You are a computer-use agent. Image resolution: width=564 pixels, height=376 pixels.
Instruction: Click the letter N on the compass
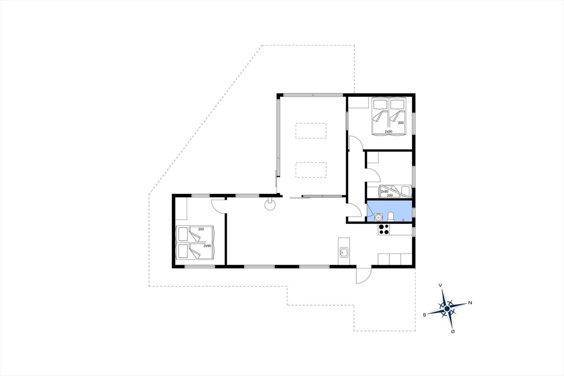click(470, 303)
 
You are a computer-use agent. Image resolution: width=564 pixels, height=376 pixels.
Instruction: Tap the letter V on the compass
click(440, 285)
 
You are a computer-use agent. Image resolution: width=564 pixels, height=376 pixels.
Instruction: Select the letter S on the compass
click(424, 315)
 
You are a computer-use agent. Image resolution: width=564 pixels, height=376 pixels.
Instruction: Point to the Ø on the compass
click(453, 332)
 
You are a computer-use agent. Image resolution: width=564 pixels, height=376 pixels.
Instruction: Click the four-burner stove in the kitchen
click(384, 229)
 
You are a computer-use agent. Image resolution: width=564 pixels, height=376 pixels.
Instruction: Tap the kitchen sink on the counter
click(344, 252)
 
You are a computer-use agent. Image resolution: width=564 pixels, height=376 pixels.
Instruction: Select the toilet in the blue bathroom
click(391, 217)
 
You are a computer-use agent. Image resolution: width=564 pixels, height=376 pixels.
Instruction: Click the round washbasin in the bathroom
click(378, 217)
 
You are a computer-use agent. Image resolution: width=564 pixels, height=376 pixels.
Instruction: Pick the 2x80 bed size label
click(385, 192)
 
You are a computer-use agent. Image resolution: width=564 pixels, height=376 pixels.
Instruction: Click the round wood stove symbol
click(270, 205)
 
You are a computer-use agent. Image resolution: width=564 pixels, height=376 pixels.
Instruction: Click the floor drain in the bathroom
click(403, 220)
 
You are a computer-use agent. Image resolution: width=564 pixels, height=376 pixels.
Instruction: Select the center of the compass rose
click(447, 309)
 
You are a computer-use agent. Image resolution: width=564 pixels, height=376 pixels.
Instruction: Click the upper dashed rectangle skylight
click(311, 131)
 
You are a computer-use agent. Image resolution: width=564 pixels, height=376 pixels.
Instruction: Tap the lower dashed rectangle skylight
click(311, 170)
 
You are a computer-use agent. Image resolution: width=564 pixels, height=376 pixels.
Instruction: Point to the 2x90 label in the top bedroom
click(388, 131)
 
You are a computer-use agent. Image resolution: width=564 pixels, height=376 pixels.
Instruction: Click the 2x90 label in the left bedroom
click(207, 246)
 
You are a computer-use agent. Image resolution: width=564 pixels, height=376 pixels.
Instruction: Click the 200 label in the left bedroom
click(201, 229)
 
